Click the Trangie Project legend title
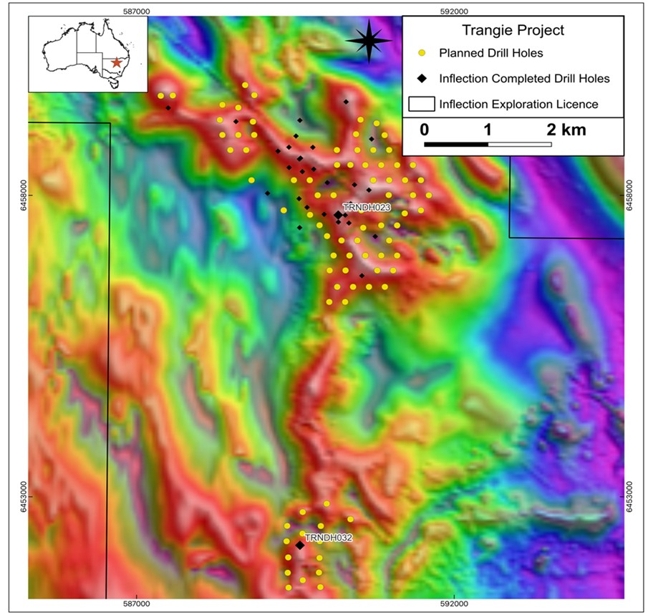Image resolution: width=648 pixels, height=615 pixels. point(512,30)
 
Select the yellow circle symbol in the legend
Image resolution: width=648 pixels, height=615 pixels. point(422,53)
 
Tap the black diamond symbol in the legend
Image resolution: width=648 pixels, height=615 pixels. point(422,78)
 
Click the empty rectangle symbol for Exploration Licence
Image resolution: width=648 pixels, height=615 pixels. point(422,104)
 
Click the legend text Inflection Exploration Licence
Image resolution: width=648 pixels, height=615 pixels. point(518,104)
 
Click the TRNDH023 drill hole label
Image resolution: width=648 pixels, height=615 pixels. point(360,206)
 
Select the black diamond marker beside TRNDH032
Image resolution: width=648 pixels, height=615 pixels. point(300,546)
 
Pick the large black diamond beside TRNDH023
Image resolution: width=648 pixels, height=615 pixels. point(338,215)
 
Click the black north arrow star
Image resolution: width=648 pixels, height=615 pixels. point(369,41)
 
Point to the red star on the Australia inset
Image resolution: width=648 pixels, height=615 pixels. point(117,62)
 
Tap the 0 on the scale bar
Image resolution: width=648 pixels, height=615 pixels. point(425,130)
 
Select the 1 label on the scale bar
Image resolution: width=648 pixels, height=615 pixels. point(488,130)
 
